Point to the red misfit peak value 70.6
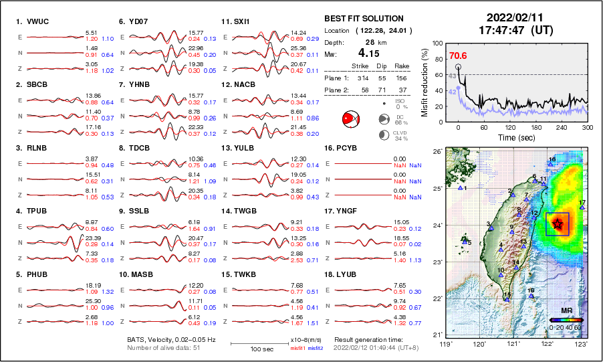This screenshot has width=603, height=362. (x=458, y=56)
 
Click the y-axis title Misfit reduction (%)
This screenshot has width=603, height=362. (x=425, y=81)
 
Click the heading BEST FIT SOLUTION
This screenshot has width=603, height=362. (x=364, y=19)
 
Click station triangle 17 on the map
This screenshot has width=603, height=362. (x=583, y=207)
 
